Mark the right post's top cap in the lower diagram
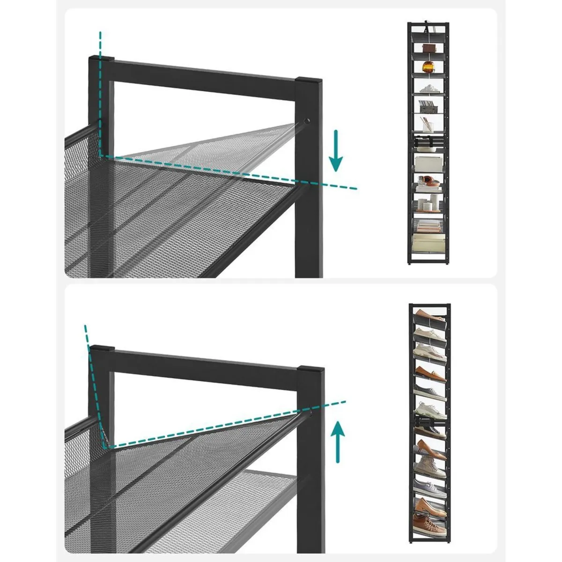tap(311, 369)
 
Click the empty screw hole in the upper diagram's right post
tap(307, 121)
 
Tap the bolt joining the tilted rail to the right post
tap(311, 414)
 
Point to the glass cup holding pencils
tap(428, 123)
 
